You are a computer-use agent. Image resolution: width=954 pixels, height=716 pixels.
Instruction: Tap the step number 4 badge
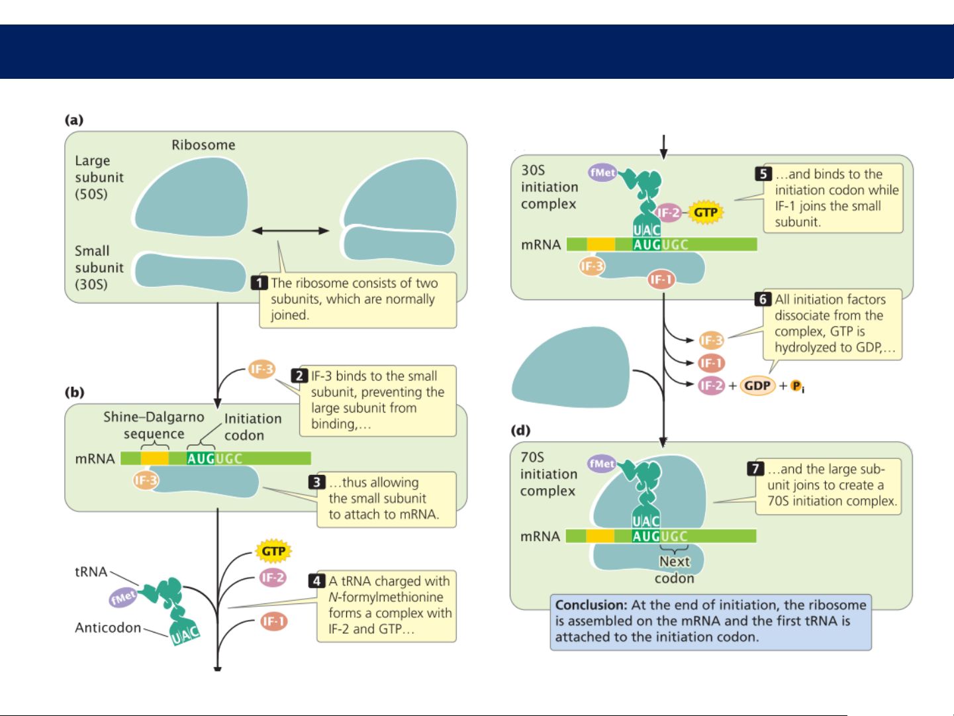point(316,581)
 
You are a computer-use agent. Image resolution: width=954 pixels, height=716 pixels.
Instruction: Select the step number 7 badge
point(755,469)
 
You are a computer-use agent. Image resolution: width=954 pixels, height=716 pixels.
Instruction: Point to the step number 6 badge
point(763,299)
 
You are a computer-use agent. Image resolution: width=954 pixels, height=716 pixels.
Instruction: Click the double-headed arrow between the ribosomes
point(291,230)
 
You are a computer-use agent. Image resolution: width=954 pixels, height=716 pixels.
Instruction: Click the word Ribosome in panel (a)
point(203,145)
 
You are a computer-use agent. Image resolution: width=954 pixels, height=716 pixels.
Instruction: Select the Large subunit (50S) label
point(99,178)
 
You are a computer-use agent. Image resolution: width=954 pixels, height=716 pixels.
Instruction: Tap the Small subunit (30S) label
point(99,268)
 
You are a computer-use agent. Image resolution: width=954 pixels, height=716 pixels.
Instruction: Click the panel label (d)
point(520,431)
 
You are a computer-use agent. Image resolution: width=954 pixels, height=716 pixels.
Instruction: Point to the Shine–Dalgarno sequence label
point(154,425)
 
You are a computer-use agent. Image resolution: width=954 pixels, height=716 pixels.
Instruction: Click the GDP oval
point(757,385)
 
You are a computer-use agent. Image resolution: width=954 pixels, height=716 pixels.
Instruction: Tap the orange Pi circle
point(796,385)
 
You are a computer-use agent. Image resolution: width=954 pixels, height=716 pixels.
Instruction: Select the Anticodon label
point(108,627)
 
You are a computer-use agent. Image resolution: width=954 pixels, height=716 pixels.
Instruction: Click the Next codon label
point(675,570)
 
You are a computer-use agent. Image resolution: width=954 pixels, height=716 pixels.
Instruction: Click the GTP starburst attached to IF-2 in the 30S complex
point(706,213)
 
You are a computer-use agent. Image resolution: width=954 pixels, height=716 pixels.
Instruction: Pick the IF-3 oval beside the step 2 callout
point(262,369)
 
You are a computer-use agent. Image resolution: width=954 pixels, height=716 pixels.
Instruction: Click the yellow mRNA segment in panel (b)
point(155,458)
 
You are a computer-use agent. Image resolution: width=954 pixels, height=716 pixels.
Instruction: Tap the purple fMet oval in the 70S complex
point(602,464)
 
